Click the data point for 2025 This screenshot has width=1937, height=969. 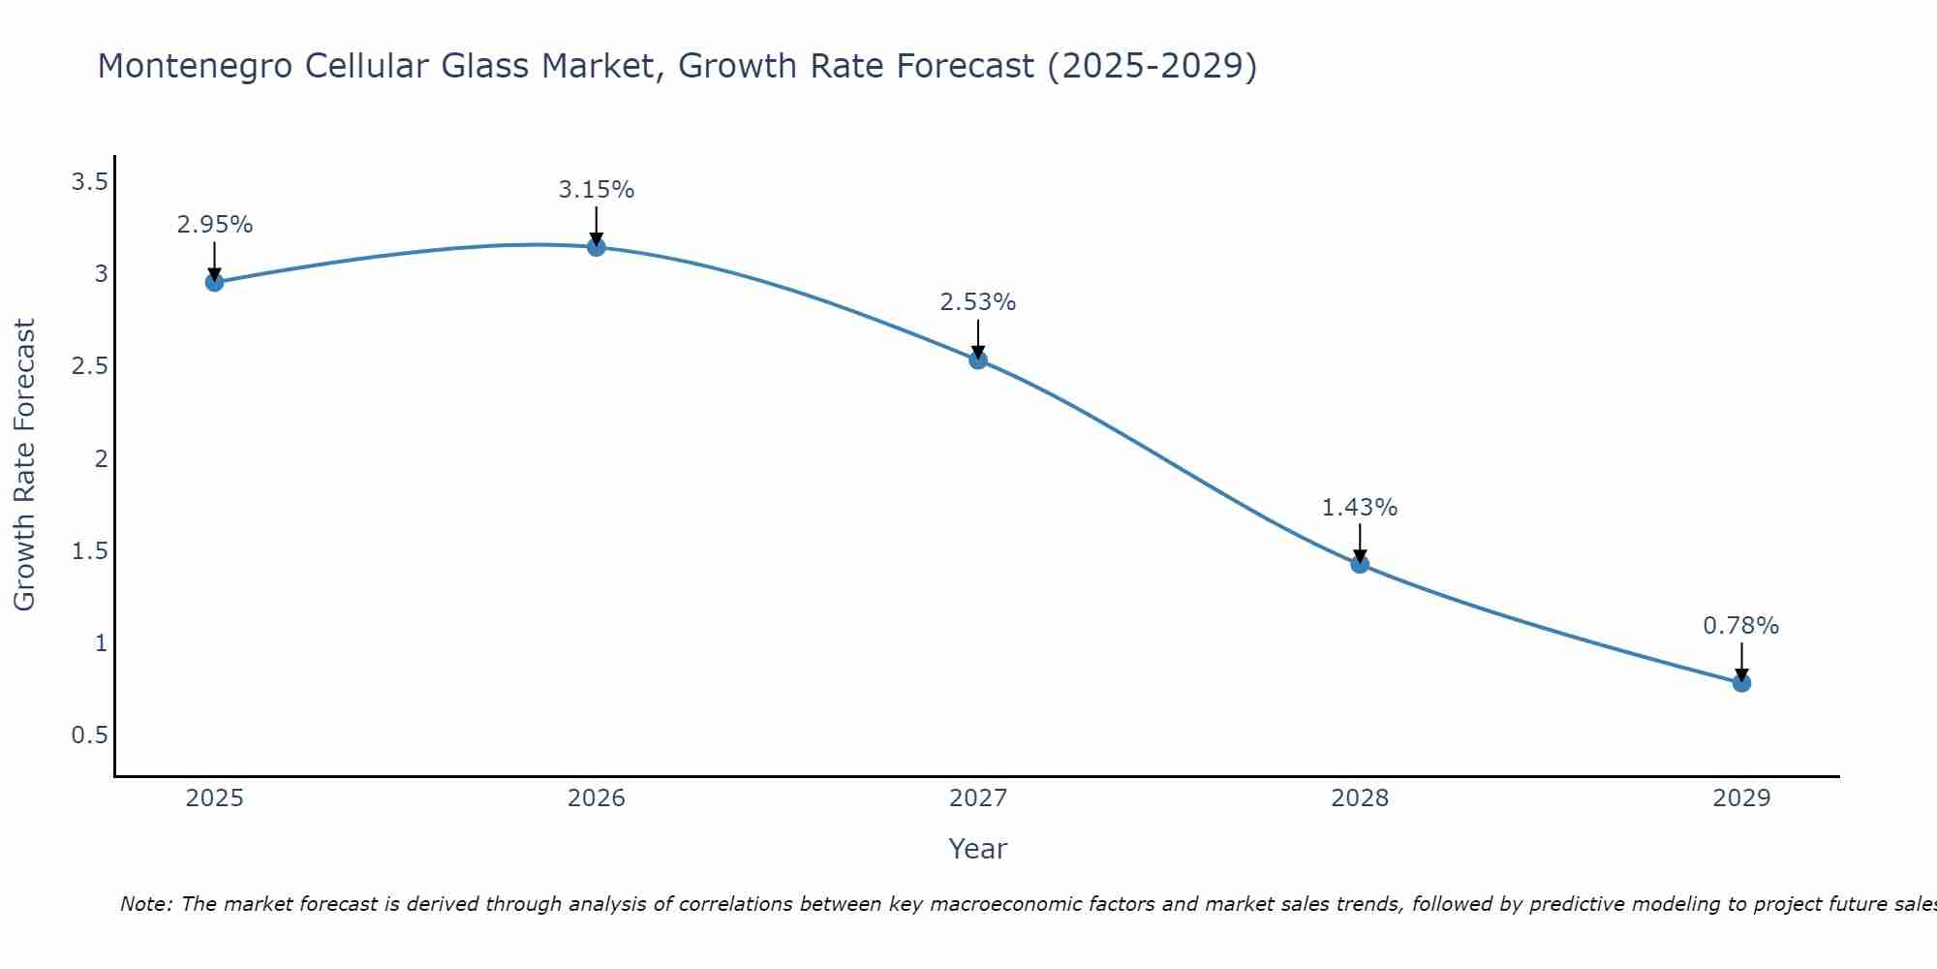click(x=214, y=282)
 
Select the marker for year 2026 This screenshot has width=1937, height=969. click(x=596, y=247)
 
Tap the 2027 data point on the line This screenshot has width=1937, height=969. click(x=978, y=359)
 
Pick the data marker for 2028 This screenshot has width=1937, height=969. click(x=1360, y=564)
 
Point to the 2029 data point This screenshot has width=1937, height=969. click(x=1741, y=682)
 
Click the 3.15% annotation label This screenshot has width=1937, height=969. click(x=596, y=190)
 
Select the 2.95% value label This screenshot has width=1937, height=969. click(x=214, y=225)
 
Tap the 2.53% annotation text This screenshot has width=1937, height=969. click(x=978, y=302)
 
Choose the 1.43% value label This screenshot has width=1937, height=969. click(x=1360, y=508)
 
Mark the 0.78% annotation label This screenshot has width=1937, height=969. click(x=1741, y=626)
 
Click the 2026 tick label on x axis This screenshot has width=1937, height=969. click(x=596, y=798)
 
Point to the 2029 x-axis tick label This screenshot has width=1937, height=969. click(x=1741, y=798)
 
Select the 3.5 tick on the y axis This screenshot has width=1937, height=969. click(x=89, y=181)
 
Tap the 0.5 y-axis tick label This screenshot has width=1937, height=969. click(x=89, y=735)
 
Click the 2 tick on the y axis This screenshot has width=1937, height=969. click(x=101, y=458)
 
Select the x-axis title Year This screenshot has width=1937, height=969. click(x=978, y=849)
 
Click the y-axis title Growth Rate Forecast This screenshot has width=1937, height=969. click(x=24, y=464)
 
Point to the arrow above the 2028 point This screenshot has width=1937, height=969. click(x=1360, y=544)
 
